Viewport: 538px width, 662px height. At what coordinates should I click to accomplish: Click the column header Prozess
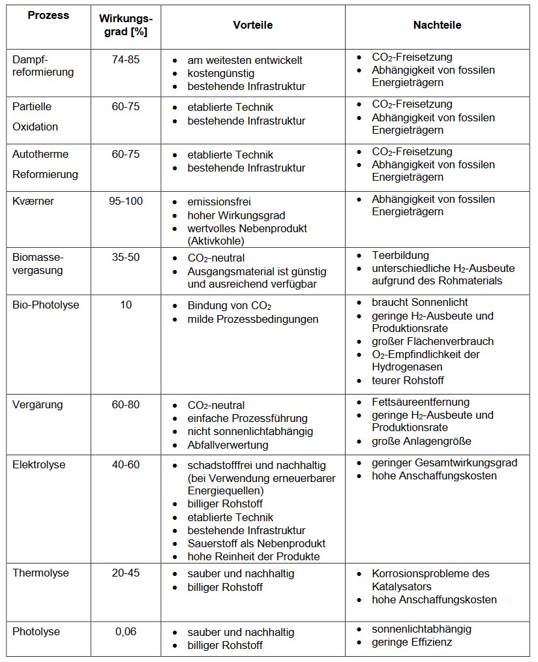point(48,16)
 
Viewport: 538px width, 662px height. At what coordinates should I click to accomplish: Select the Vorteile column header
point(253,25)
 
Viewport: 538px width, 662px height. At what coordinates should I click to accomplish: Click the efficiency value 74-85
point(125,59)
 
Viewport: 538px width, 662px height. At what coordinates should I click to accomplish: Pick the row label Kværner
point(33,201)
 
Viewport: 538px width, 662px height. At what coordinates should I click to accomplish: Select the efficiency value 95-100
point(125,201)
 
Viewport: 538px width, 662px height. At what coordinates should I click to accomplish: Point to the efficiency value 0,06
point(125,631)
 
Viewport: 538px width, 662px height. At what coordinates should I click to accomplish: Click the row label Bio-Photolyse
point(46,305)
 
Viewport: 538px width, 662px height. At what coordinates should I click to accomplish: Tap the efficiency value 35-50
point(125,257)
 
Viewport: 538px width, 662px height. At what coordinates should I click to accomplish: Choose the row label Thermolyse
point(40,573)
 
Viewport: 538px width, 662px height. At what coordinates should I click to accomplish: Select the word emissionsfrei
point(219,202)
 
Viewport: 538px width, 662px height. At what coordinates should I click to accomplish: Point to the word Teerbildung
point(400,255)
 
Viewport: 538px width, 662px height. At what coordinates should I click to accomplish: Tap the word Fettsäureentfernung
point(421,402)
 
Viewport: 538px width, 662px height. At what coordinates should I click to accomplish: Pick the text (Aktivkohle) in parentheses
point(215,241)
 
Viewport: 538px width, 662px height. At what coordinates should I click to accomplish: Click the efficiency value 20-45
point(125,573)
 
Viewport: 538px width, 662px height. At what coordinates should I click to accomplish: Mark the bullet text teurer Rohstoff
point(408,380)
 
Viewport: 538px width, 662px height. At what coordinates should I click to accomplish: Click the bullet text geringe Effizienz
point(411,642)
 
